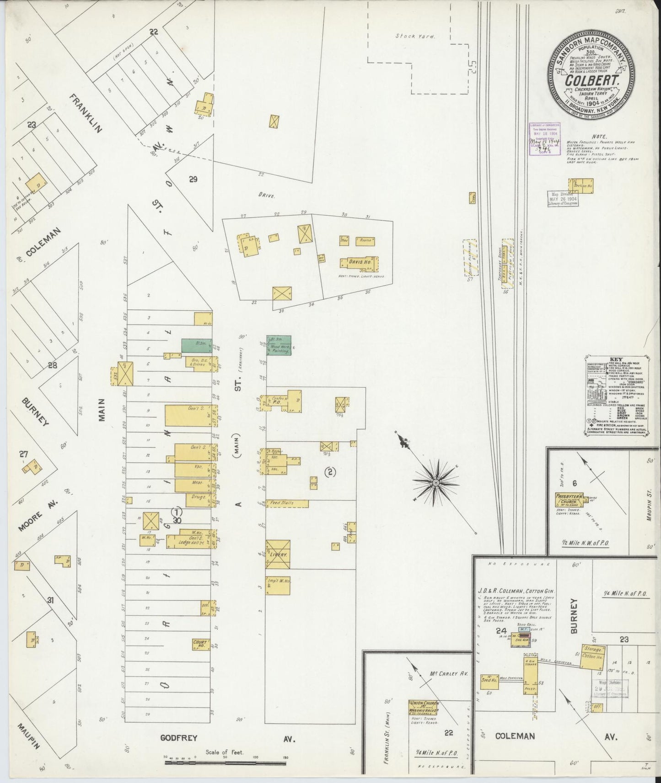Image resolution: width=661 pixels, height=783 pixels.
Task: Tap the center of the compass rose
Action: coord(436,482)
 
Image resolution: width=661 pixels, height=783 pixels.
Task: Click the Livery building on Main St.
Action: coord(278,554)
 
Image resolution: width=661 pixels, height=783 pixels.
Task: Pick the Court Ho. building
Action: coord(201,644)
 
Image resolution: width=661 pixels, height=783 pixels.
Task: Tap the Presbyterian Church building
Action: coord(569,499)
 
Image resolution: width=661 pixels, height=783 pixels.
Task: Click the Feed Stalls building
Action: coord(287,503)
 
